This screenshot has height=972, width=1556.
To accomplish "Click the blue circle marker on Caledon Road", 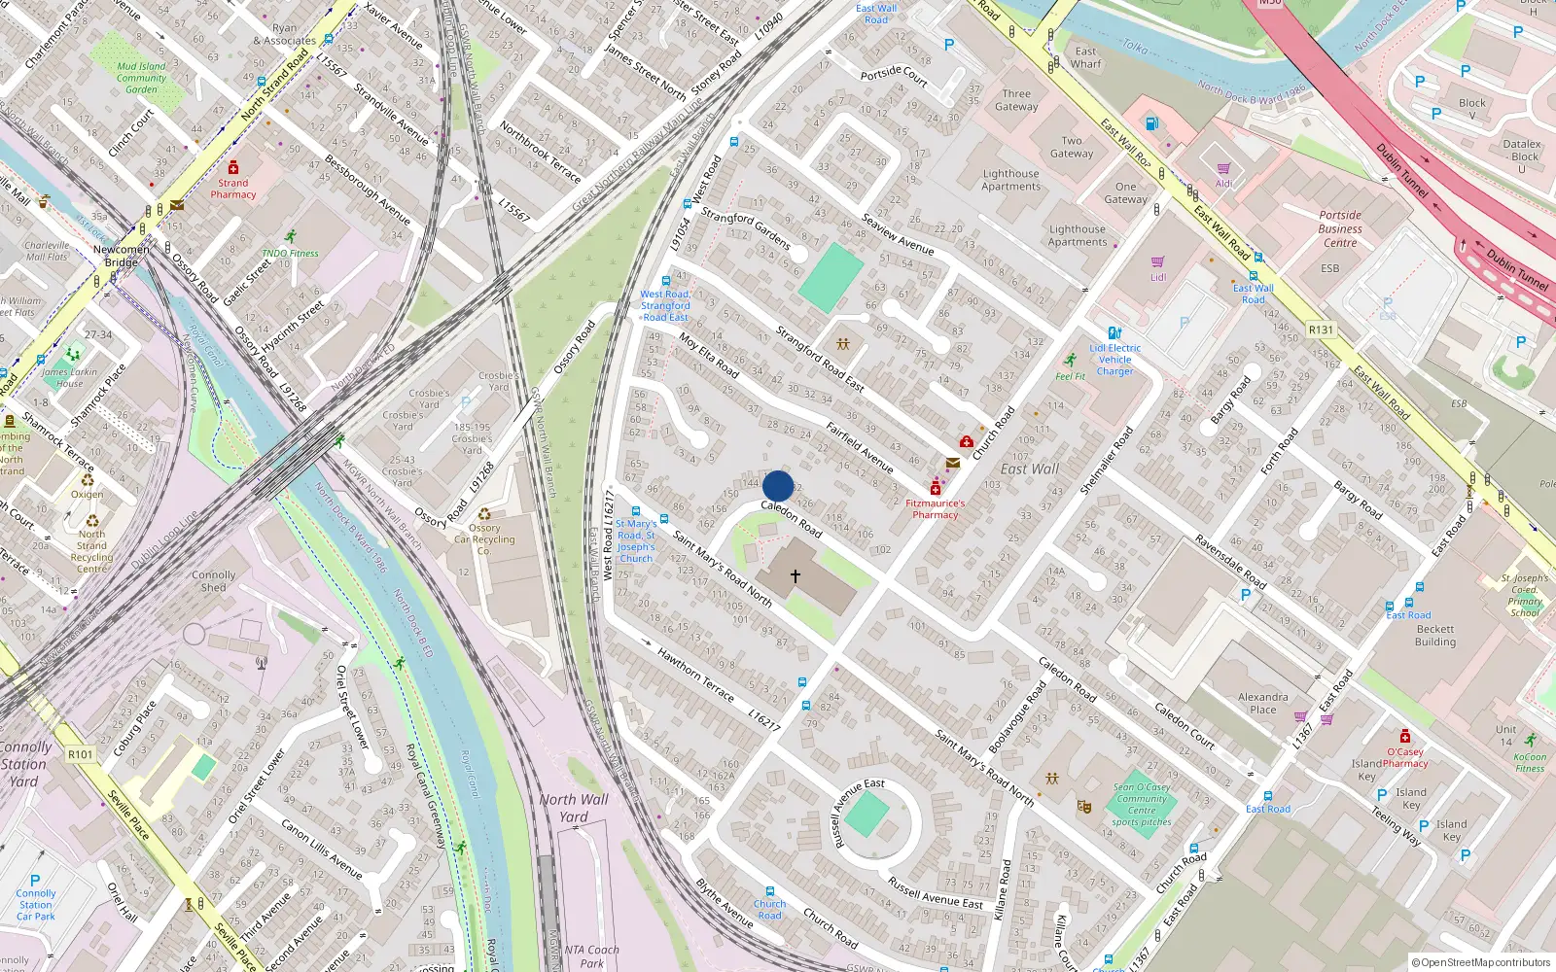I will [x=778, y=486].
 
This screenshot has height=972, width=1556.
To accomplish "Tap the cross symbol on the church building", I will [x=796, y=576].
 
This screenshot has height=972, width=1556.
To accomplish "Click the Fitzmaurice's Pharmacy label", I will [x=935, y=509].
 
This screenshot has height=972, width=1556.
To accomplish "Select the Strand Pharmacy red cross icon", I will [x=233, y=168].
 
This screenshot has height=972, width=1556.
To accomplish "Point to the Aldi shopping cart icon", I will [x=1223, y=169].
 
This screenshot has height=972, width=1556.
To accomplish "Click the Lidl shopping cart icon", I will [x=1157, y=262].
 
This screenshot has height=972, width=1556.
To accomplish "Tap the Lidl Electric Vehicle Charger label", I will [x=1114, y=360].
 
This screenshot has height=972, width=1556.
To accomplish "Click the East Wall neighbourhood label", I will [x=1030, y=469].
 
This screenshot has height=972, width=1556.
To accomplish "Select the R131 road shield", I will [x=1321, y=330].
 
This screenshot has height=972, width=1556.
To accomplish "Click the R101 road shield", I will [x=81, y=754].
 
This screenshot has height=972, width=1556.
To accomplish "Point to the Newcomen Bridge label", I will [x=122, y=256].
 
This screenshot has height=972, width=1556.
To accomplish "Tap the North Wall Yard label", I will [x=574, y=808].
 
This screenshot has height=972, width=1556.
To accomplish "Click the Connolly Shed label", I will [x=214, y=581].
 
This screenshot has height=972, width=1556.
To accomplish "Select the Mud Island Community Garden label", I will [x=141, y=78].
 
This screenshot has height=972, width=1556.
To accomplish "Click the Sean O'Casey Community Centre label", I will [x=1142, y=805].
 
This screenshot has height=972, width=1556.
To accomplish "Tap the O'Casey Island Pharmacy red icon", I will [x=1404, y=737].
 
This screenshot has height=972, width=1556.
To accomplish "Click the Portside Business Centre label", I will [x=1340, y=229].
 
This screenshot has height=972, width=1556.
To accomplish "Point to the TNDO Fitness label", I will [x=290, y=253].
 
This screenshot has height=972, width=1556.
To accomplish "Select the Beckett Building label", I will [x=1435, y=636].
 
